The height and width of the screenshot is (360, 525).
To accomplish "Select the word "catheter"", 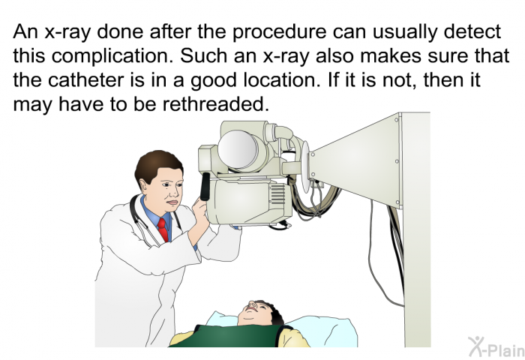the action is [x=85, y=80].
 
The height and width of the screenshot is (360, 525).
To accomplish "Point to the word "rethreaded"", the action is [x=216, y=104].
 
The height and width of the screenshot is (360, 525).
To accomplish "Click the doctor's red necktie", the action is [x=163, y=229].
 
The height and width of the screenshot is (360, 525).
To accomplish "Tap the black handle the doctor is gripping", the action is [x=205, y=187].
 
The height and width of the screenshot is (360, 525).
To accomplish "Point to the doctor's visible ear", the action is [x=144, y=187].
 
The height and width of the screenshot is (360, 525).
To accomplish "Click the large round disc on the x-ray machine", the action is [x=238, y=149].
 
